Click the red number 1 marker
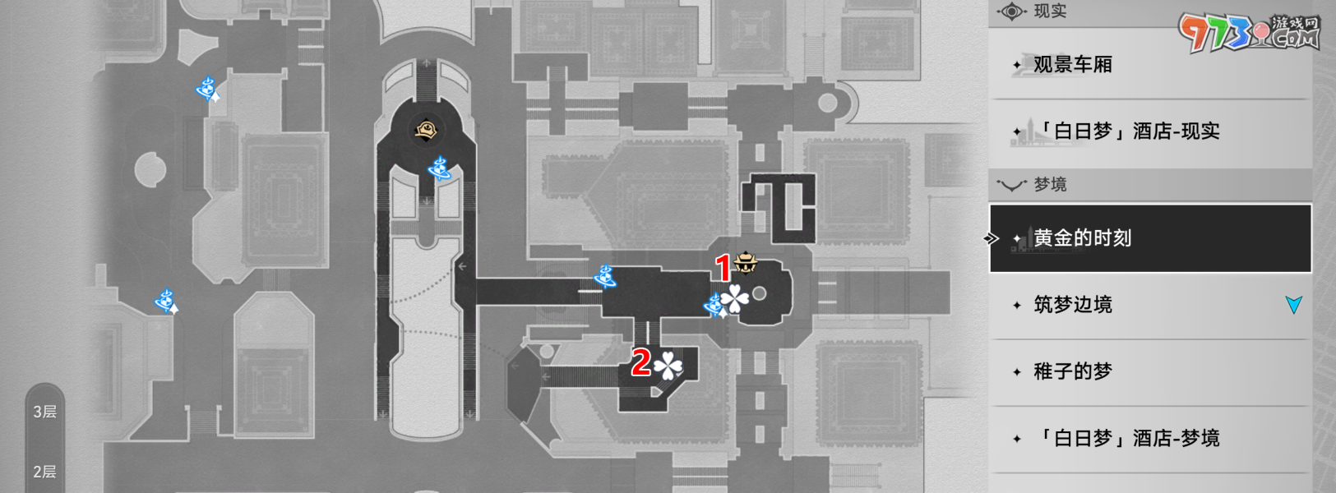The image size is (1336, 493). click(723, 269)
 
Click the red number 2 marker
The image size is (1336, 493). click(640, 362)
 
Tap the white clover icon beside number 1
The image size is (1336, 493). click(734, 300)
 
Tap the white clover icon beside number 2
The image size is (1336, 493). click(668, 365)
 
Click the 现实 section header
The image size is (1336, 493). click(1050, 12)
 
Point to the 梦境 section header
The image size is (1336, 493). click(1050, 185)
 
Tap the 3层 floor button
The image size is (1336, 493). click(45, 412)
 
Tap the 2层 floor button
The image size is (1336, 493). click(45, 472)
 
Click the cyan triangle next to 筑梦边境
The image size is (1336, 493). click(1293, 305)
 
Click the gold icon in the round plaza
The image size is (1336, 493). click(427, 130)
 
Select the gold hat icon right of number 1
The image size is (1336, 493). click(747, 263)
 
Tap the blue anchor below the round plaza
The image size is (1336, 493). click(439, 168)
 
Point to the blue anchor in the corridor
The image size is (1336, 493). click(607, 277)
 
